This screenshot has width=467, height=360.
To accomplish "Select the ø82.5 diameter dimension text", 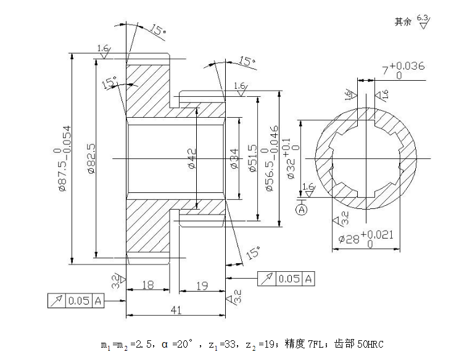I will pos(91,159).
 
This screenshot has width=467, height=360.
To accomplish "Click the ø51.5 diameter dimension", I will pos(252,158).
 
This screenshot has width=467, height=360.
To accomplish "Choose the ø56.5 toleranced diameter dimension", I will pos(270,158).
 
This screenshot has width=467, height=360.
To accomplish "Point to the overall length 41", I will pos(176,311).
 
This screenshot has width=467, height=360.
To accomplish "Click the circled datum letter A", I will pos(302,210).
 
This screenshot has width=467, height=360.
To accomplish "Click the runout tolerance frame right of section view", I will pos(287,279).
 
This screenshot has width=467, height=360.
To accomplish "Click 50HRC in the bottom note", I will pos(370,344).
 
